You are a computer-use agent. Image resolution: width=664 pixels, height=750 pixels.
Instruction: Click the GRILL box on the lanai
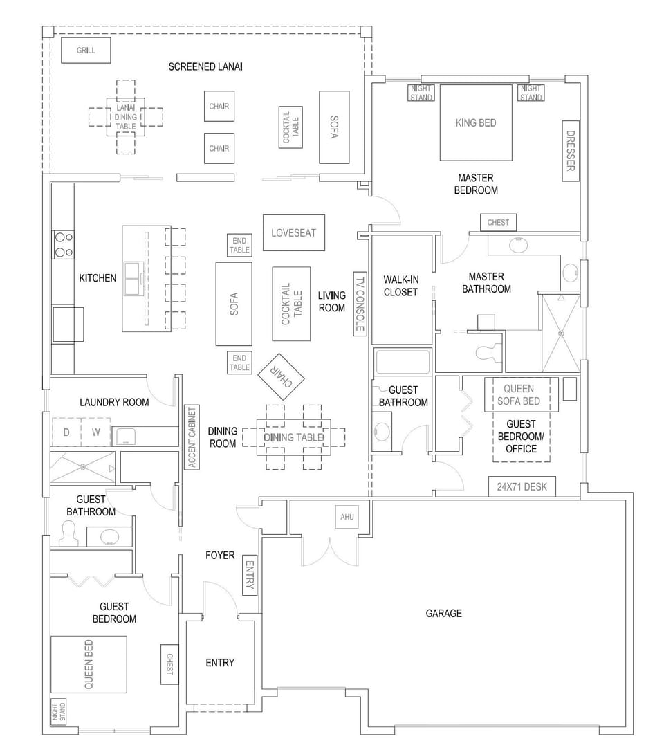click(x=86, y=51)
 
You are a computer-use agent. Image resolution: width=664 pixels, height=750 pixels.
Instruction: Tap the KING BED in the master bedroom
click(x=476, y=122)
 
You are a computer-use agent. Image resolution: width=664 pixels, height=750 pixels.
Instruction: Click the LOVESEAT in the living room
click(x=294, y=232)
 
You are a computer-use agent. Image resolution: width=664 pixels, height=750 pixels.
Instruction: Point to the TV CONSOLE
click(x=359, y=303)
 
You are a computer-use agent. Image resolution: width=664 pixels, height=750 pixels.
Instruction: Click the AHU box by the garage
click(x=347, y=517)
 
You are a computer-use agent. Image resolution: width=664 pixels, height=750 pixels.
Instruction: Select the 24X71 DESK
click(x=522, y=486)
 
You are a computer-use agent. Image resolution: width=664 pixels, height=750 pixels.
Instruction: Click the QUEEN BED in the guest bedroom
click(x=89, y=664)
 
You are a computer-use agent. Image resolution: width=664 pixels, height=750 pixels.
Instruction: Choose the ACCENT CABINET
click(x=192, y=437)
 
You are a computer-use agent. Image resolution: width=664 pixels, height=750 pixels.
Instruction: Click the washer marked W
click(x=95, y=432)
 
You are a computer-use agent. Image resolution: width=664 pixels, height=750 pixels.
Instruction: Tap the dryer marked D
click(x=66, y=432)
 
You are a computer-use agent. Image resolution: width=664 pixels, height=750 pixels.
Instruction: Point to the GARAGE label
click(x=443, y=613)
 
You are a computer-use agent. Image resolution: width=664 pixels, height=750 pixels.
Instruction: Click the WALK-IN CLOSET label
click(x=401, y=286)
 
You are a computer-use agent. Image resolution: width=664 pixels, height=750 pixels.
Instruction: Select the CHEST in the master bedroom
click(x=498, y=222)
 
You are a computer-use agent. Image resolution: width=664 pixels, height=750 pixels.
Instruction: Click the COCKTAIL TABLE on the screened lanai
click(x=291, y=127)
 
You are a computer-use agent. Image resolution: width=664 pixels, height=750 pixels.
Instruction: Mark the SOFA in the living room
click(x=234, y=304)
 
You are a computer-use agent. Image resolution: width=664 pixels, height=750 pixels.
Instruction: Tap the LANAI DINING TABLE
click(x=125, y=117)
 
